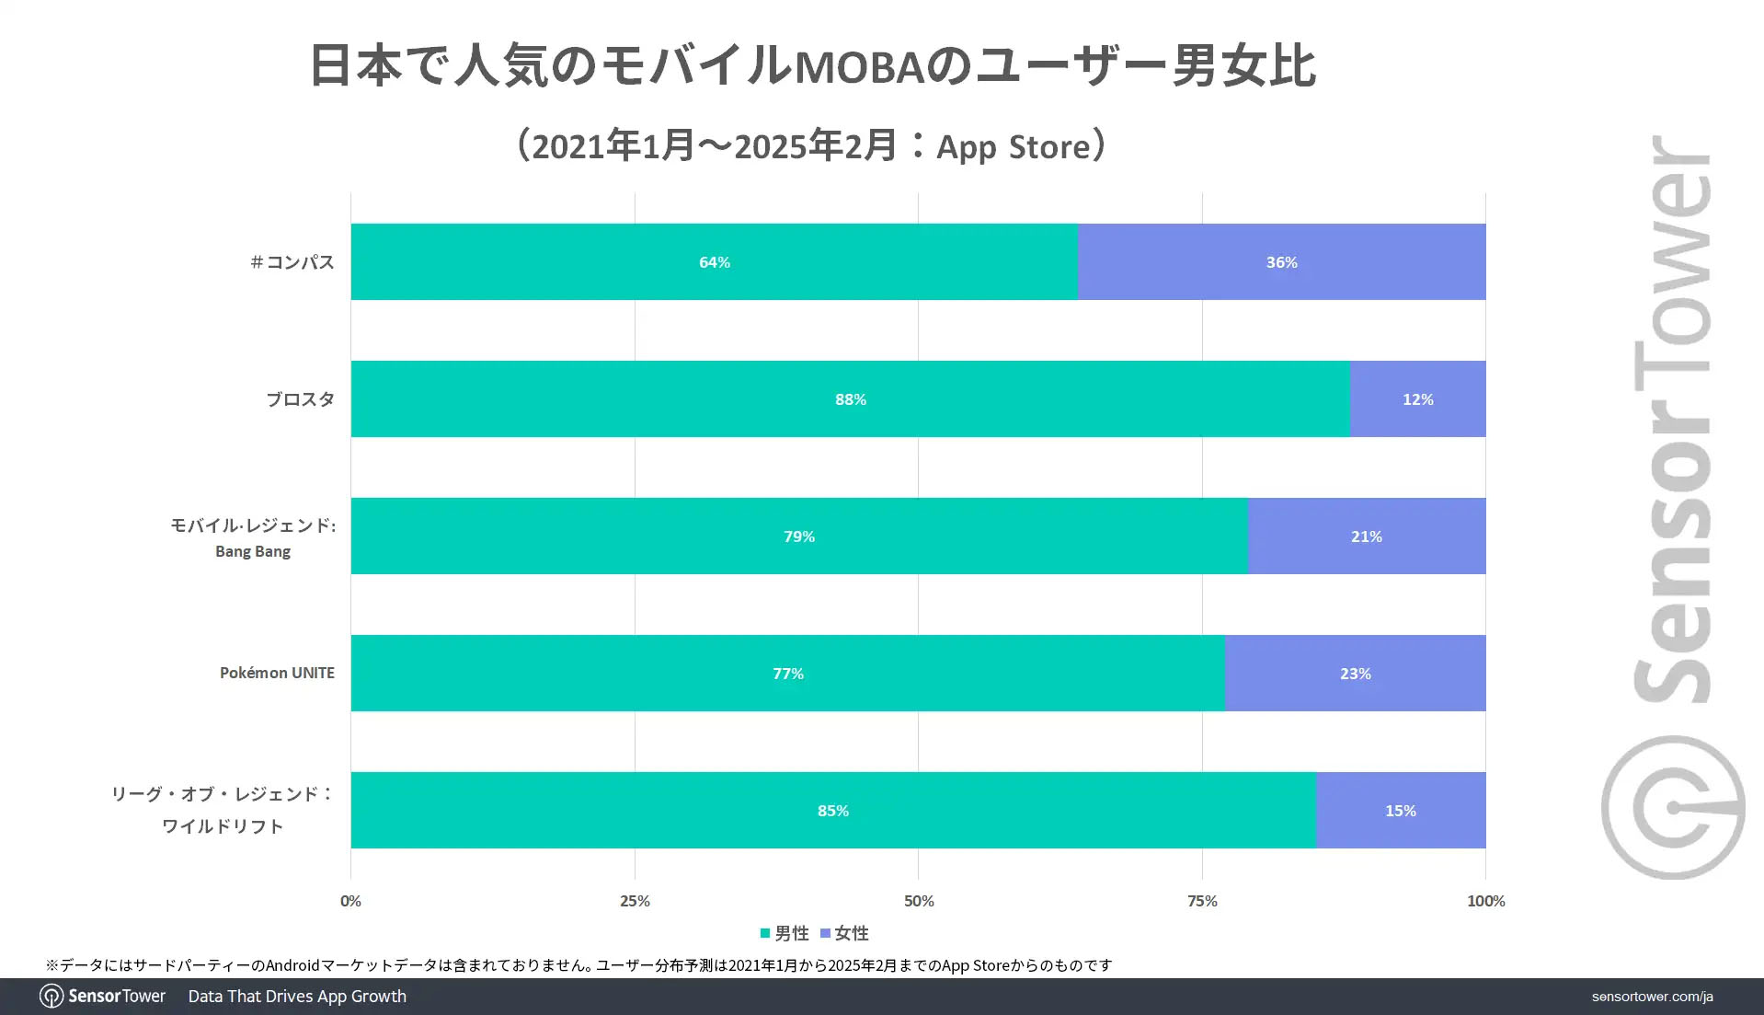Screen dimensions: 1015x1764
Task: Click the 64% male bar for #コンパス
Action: click(714, 261)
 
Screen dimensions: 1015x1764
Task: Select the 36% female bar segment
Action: click(1281, 261)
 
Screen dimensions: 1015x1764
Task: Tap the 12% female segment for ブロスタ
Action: click(1417, 398)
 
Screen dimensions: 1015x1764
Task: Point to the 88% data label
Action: click(851, 399)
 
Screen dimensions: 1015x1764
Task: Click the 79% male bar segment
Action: click(798, 536)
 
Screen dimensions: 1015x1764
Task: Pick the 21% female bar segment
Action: click(1366, 536)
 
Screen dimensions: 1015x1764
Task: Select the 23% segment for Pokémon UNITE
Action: click(1355, 673)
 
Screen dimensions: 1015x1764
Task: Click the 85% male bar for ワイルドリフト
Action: click(832, 810)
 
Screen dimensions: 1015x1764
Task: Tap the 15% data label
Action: click(1401, 811)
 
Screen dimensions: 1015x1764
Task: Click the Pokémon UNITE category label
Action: click(277, 673)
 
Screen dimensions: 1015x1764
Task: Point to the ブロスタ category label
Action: click(300, 399)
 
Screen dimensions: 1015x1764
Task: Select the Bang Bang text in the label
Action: click(253, 551)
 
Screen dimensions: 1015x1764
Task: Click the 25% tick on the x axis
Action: click(635, 901)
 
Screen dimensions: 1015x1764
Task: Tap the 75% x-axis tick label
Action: click(1202, 901)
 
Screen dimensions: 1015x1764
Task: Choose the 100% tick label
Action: click(1485, 901)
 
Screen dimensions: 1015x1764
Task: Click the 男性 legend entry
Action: click(785, 933)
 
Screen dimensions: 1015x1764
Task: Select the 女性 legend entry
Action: click(844, 933)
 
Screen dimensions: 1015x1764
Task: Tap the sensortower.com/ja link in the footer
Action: click(1652, 997)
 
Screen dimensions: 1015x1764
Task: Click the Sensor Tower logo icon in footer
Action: click(52, 997)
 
